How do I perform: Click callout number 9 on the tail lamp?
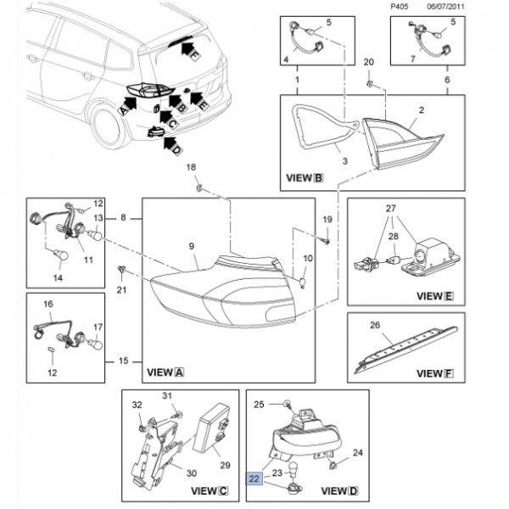pyautogui.click(x=191, y=248)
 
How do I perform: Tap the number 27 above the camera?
pyautogui.click(x=390, y=208)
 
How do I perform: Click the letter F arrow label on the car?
pyautogui.click(x=193, y=56)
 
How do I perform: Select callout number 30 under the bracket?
pyautogui.click(x=191, y=473)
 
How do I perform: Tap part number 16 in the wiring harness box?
pyautogui.click(x=48, y=303)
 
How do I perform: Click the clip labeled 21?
pyautogui.click(x=122, y=271)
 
